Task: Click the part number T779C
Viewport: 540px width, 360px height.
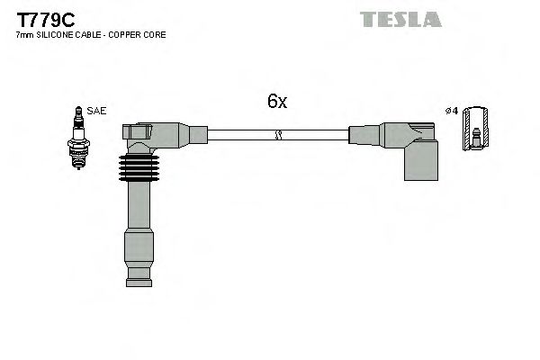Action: [x=41, y=17]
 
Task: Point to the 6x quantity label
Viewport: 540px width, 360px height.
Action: [x=277, y=102]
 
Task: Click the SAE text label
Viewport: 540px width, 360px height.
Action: [x=97, y=111]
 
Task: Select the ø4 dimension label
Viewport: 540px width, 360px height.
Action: [x=452, y=111]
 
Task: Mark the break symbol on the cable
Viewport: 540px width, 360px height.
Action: [x=278, y=136]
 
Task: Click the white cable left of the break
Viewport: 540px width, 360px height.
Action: [x=238, y=136]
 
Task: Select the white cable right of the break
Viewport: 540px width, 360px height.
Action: [x=315, y=136]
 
